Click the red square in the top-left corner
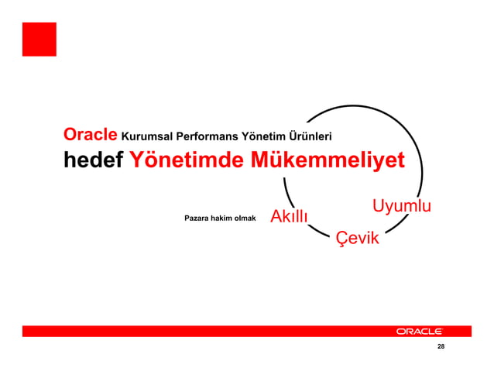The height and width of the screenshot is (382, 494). pyautogui.click(x=39, y=39)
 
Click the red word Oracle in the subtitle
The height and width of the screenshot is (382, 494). pyautogui.click(x=90, y=135)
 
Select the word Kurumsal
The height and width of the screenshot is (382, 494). pyautogui.click(x=148, y=137)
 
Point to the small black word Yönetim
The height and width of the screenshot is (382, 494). pyautogui.click(x=264, y=137)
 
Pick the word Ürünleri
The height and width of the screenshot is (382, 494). pyautogui.click(x=311, y=137)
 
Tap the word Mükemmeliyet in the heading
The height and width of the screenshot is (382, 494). pyautogui.click(x=317, y=160)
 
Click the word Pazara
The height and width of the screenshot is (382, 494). pyautogui.click(x=197, y=219)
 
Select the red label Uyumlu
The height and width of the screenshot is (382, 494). pyautogui.click(x=401, y=206)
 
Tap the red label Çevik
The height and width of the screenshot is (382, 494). pyautogui.click(x=357, y=238)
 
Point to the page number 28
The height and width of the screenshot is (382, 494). pyautogui.click(x=441, y=346)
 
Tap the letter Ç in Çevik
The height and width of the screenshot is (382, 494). pyautogui.click(x=341, y=239)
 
